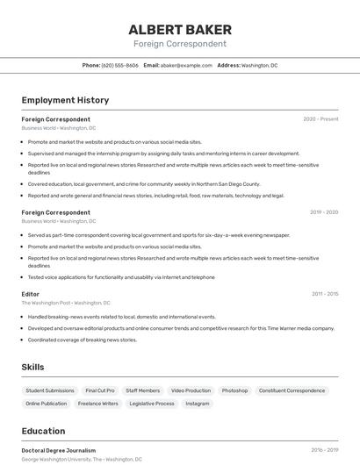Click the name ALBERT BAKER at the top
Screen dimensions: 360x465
click(180, 29)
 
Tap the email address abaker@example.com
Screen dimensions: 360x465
click(186, 65)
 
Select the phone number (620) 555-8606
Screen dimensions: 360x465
click(119, 65)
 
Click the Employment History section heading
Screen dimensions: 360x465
click(65, 101)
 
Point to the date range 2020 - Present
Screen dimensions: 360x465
click(320, 119)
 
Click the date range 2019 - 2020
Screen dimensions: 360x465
click(324, 212)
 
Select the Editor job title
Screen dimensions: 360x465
click(31, 294)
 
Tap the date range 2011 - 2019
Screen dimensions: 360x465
click(325, 294)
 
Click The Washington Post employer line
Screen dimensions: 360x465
click(59, 303)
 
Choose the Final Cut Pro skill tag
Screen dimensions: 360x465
click(100, 390)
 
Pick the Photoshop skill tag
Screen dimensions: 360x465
click(234, 390)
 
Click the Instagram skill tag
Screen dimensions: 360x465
click(198, 404)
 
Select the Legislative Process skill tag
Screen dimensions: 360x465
click(152, 404)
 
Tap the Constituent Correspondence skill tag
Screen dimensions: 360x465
click(292, 390)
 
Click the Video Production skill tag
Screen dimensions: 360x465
click(191, 390)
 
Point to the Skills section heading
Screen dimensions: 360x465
click(33, 367)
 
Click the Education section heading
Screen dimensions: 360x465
click(43, 431)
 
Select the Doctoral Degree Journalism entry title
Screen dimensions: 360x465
click(59, 450)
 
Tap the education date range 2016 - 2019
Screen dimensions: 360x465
click(325, 450)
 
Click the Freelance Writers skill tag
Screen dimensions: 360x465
click(97, 404)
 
